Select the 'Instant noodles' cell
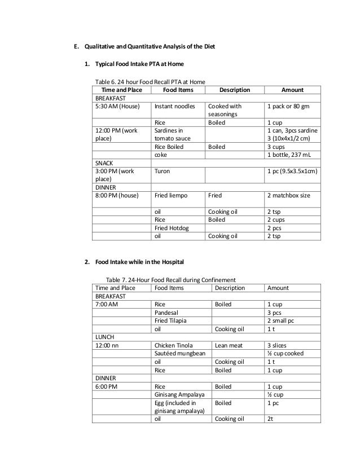175,105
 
